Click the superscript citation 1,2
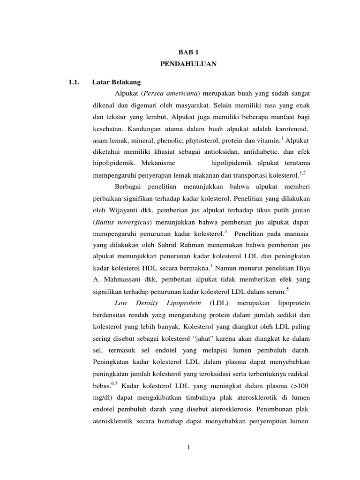point(302,173)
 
